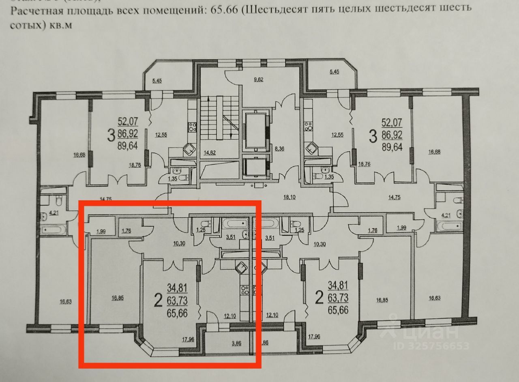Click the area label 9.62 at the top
click(258, 79)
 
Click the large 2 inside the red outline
click(158, 300)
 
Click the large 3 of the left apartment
click(110, 135)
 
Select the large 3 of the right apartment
click(373, 135)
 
